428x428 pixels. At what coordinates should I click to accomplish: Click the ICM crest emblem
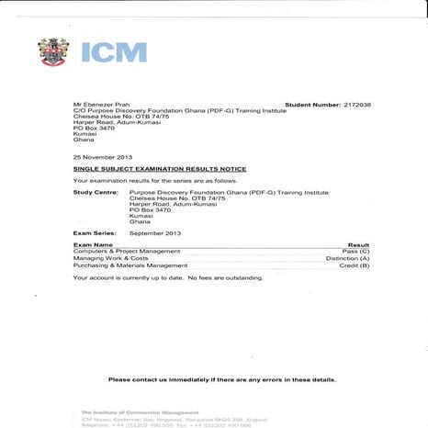(52, 52)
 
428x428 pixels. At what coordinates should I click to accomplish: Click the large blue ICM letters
(113, 52)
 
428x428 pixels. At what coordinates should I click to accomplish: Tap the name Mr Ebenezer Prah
(101, 106)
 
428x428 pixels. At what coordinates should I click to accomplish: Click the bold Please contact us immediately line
(221, 379)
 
